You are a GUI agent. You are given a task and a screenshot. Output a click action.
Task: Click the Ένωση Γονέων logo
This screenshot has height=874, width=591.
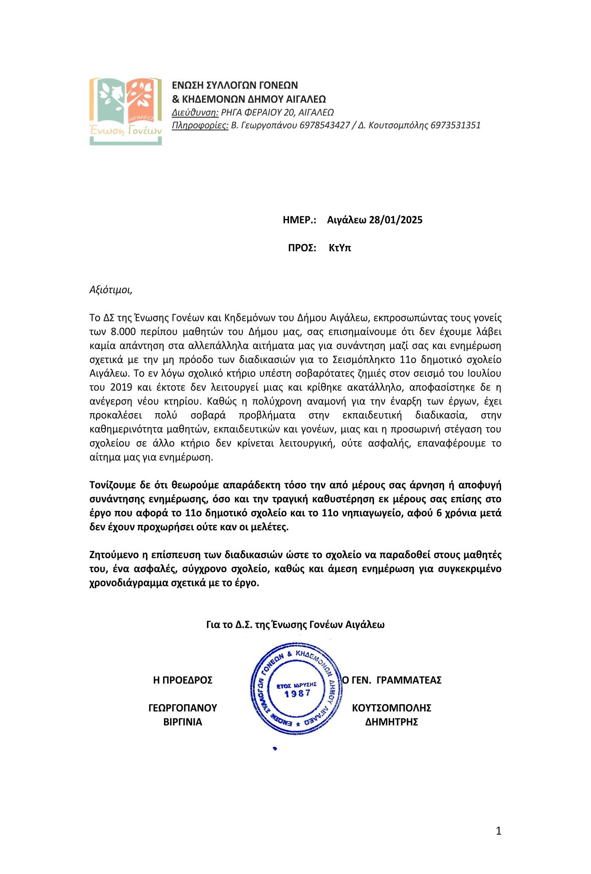[x=125, y=111]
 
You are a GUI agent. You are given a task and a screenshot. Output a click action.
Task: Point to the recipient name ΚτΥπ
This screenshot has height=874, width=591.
[x=340, y=248]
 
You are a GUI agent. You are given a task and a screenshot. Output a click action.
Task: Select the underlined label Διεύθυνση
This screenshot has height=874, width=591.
[x=195, y=112]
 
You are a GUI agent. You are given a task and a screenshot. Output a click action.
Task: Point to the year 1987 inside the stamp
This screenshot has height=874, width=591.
[x=298, y=693]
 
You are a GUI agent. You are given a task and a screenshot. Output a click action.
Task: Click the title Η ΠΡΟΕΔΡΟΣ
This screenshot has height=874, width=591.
[x=183, y=680]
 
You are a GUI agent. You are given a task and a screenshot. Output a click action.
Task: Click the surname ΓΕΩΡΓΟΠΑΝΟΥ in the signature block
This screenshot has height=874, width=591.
[x=183, y=708]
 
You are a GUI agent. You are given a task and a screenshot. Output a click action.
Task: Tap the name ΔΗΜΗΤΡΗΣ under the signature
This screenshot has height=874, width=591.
[x=392, y=722]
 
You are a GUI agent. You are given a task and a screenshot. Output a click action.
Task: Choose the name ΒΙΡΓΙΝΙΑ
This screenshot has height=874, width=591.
[x=183, y=722]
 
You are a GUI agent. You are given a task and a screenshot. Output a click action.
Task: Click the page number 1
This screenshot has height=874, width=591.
[x=498, y=831]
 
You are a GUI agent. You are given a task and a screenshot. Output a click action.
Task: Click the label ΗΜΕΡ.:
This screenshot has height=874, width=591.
[x=299, y=220]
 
